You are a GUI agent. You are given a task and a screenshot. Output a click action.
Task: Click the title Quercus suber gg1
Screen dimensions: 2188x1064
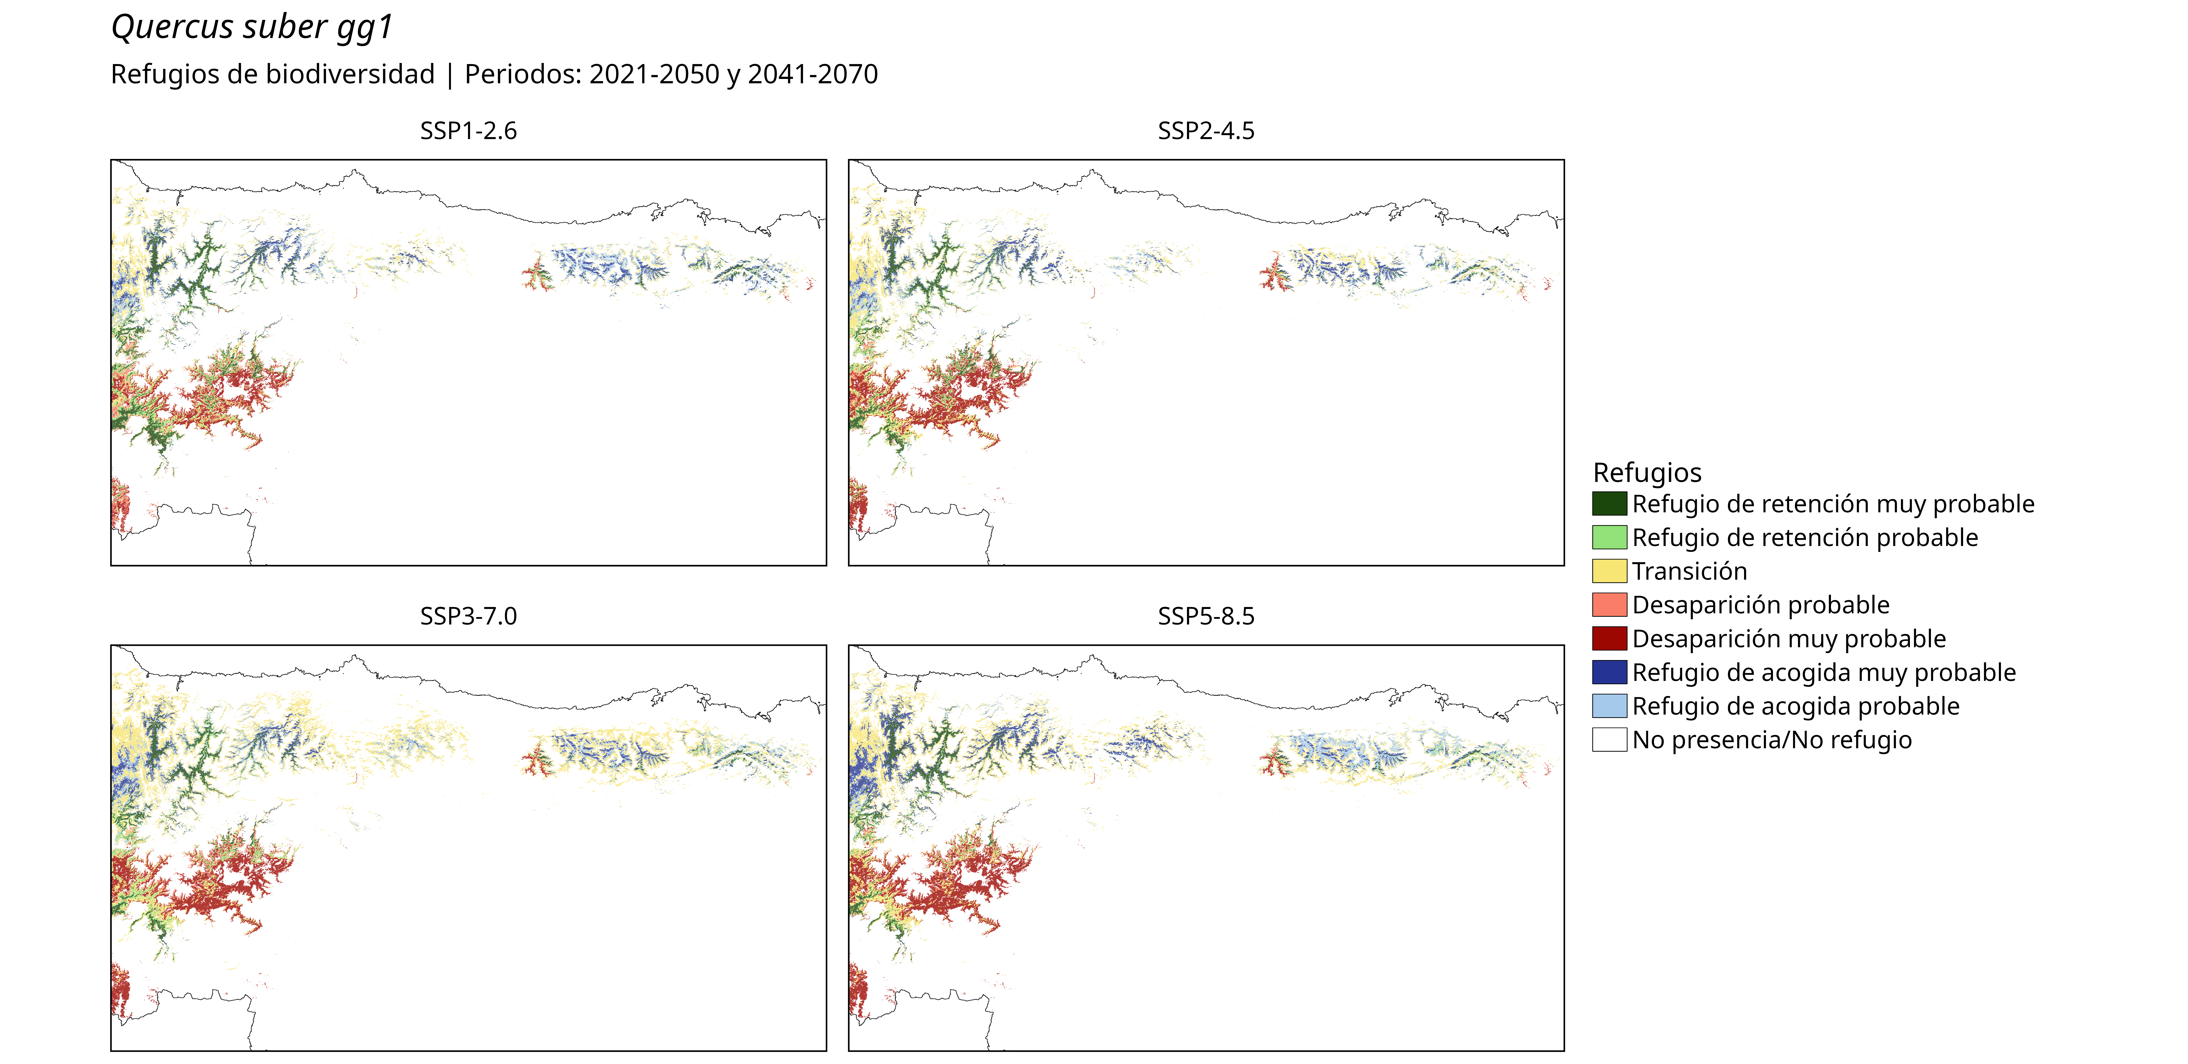(x=252, y=27)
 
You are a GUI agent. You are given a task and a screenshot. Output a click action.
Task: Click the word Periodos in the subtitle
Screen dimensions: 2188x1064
(x=522, y=75)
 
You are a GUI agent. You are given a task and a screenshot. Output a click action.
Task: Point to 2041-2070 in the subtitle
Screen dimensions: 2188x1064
(x=813, y=75)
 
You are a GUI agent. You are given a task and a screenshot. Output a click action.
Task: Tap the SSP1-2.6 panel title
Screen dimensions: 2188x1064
(x=468, y=131)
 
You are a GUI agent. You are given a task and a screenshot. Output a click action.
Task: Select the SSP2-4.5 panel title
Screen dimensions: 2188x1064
(x=1206, y=131)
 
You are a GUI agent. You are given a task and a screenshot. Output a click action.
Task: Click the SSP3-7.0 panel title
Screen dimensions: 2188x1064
(x=468, y=616)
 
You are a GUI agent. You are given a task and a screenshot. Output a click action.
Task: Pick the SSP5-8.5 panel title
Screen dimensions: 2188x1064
(x=1206, y=616)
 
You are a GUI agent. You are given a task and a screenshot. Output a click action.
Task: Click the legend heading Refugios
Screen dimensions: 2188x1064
(x=1647, y=472)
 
